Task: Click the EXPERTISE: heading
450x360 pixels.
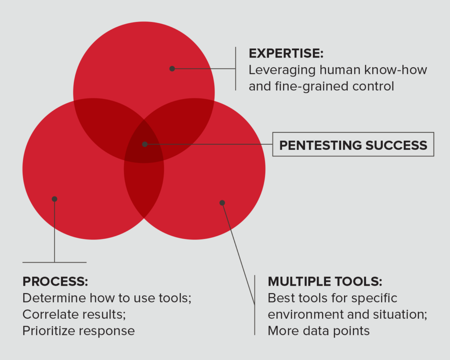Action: point(286,53)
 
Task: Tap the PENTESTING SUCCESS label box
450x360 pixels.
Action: point(353,145)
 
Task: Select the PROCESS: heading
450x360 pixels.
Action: point(55,282)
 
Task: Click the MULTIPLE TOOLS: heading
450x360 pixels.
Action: point(325,282)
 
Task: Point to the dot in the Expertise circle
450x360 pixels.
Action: point(172,69)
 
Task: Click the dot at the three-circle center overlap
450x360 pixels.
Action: point(145,144)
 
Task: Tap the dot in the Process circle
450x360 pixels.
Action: point(54,199)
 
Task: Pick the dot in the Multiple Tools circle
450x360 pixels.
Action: point(222,203)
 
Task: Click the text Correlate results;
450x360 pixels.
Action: point(74,314)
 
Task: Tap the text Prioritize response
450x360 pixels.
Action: point(79,331)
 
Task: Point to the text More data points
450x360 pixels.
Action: point(319,331)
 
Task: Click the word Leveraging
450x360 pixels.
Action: point(282,70)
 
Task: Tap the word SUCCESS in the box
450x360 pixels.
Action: point(396,145)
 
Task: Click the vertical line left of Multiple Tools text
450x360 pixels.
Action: point(254,305)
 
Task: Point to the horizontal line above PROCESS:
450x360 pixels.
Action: point(54,262)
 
